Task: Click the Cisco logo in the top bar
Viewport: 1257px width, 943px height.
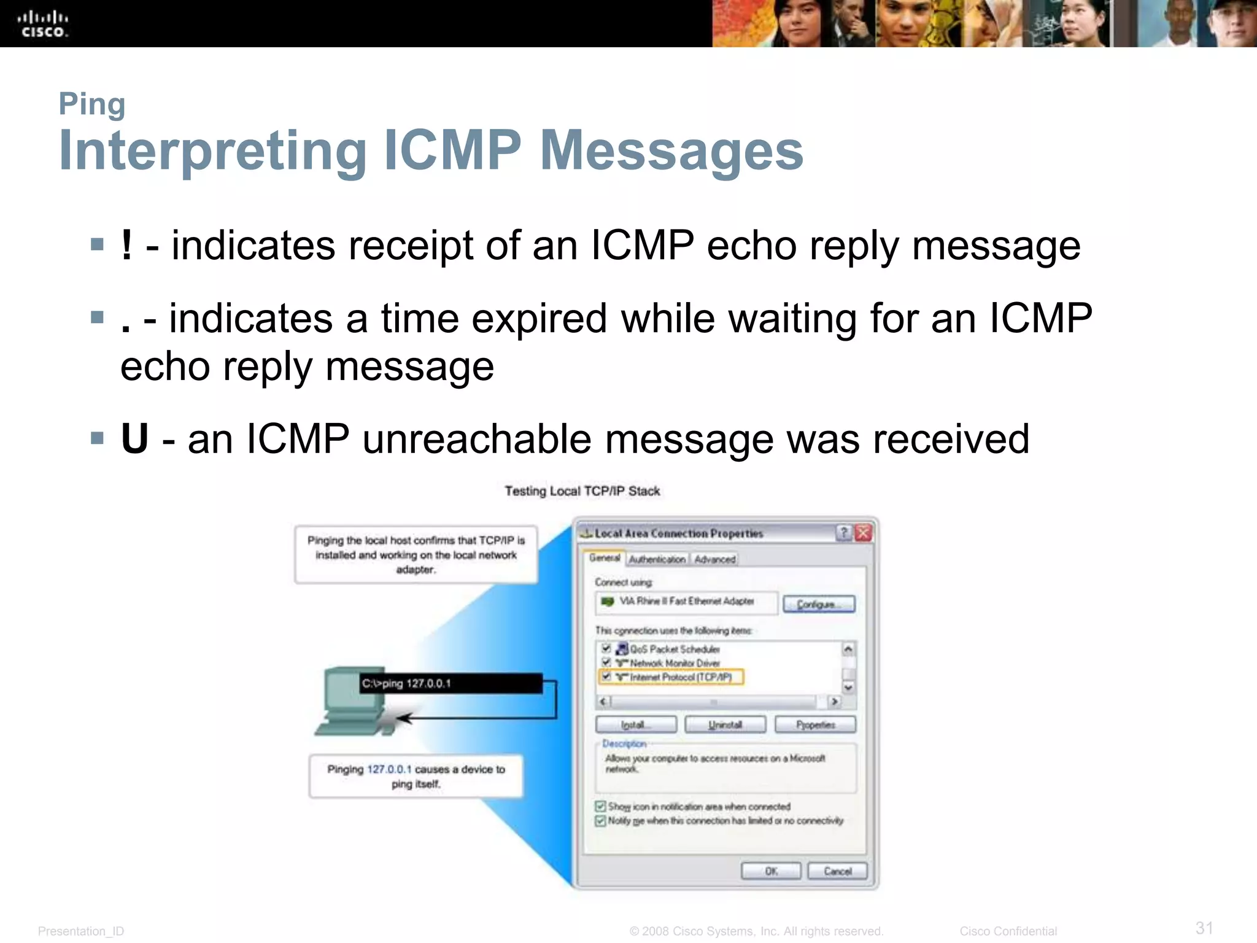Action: (43, 24)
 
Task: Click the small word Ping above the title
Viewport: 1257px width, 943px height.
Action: (92, 104)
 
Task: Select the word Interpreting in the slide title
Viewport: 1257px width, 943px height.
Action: (212, 151)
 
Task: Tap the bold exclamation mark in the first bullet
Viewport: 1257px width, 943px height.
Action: (126, 245)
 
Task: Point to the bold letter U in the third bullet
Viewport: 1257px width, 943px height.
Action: (135, 439)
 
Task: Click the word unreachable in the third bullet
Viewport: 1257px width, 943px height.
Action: (477, 439)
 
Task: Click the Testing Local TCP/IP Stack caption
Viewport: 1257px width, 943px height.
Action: (582, 491)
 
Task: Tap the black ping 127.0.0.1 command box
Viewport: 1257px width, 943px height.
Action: (451, 683)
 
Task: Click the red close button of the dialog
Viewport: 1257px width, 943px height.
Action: (863, 533)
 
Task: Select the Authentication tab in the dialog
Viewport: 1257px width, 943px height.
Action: (657, 559)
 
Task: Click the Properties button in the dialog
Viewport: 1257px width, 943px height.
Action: (815, 724)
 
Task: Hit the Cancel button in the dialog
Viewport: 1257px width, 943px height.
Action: (837, 871)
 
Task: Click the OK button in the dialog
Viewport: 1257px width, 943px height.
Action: (771, 871)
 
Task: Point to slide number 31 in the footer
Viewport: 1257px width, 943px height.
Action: (1204, 927)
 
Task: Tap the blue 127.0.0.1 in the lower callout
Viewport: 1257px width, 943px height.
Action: (389, 769)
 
